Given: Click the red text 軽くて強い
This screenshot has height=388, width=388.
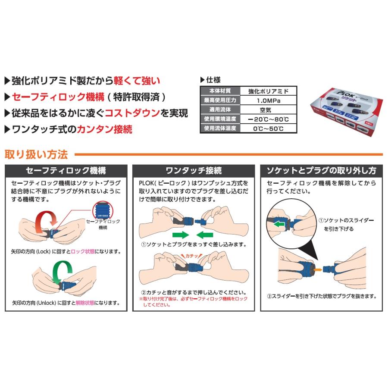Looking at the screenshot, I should [137, 80].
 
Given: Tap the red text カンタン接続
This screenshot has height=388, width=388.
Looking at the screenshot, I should [104, 129].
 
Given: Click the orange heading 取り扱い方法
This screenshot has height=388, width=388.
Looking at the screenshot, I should [36, 154].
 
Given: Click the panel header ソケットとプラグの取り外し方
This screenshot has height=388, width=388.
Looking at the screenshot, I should [321, 170].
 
